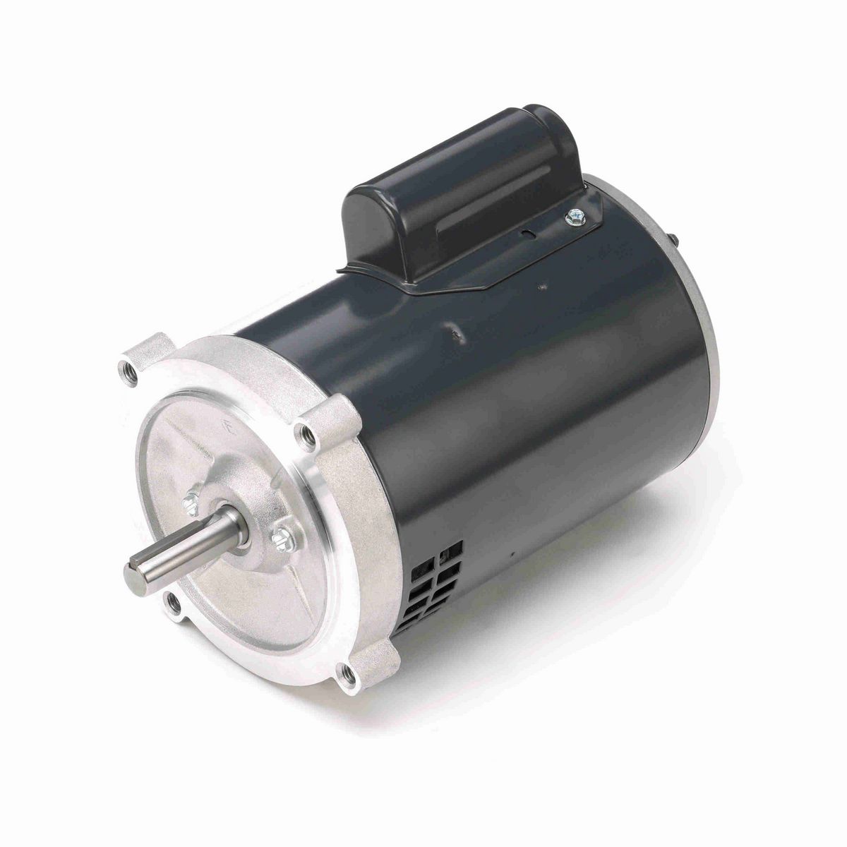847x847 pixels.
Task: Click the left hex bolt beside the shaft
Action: (x=190, y=502)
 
